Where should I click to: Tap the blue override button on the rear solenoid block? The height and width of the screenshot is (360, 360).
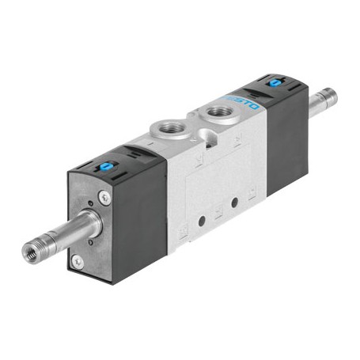click(275, 82)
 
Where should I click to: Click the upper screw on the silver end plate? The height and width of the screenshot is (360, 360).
click(104, 197)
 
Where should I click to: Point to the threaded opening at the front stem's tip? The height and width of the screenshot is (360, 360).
click(30, 253)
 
